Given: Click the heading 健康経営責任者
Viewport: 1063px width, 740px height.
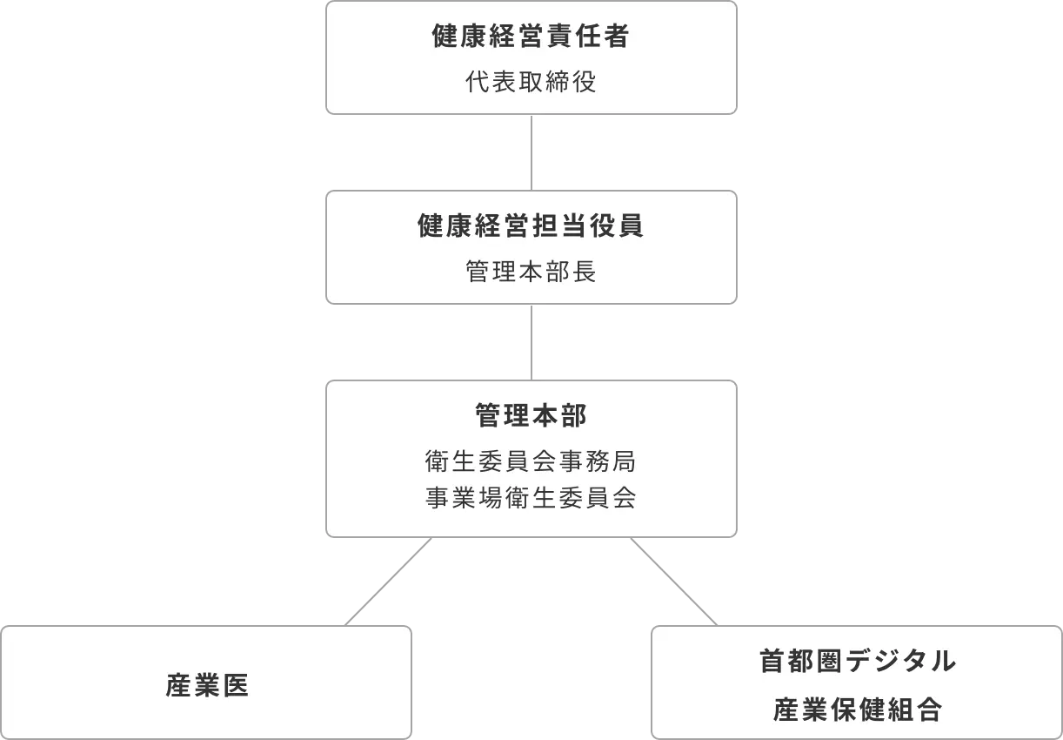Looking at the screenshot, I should pyautogui.click(x=531, y=37).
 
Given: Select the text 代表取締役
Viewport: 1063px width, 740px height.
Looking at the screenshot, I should pyautogui.click(x=531, y=84).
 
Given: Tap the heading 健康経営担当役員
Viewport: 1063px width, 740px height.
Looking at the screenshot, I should pyautogui.click(x=531, y=226).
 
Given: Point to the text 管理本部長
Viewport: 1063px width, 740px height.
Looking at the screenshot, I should pyautogui.click(x=531, y=272).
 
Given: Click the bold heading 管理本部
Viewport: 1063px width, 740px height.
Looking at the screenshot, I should pyautogui.click(x=531, y=416).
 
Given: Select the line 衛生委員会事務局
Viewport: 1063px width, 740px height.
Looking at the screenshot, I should pyautogui.click(x=531, y=459).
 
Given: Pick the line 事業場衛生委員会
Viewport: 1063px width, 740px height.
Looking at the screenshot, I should pyautogui.click(x=531, y=498).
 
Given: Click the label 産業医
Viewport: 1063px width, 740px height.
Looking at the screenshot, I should pyautogui.click(x=207, y=686).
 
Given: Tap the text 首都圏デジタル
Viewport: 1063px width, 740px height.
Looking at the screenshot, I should pyautogui.click(x=857, y=661).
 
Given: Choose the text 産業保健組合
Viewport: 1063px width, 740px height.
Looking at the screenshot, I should pyautogui.click(x=857, y=710).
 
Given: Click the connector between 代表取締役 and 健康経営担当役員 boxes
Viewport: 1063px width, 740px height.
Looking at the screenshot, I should pyautogui.click(x=531, y=152).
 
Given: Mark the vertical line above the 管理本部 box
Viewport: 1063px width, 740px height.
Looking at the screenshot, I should pyautogui.click(x=531, y=341).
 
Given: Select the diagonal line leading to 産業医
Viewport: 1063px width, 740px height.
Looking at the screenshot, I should pyautogui.click(x=389, y=582).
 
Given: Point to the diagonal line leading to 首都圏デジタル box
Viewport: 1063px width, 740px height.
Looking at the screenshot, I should pyautogui.click(x=675, y=582).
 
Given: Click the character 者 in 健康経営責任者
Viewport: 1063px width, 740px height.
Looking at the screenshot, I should pyautogui.click(x=617, y=37).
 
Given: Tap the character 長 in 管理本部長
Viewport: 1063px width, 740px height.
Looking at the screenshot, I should pyautogui.click(x=584, y=272).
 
